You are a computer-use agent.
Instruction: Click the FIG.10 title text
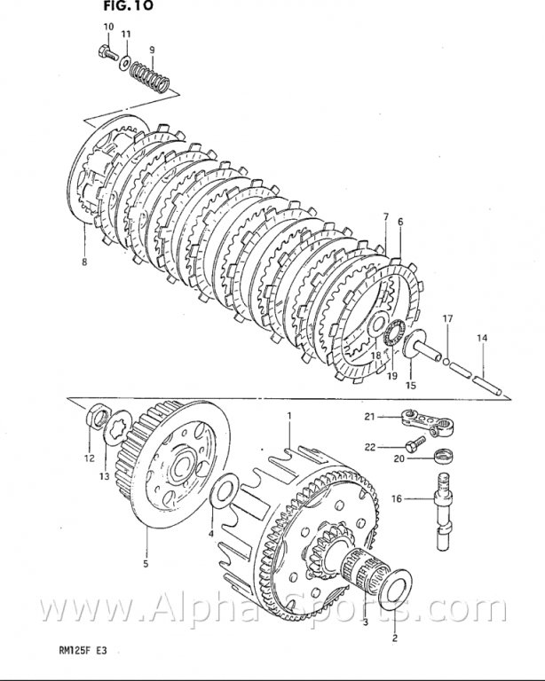point(128,5)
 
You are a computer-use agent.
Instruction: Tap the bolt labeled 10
point(106,52)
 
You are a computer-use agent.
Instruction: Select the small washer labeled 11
point(125,63)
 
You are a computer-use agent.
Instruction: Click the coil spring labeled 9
point(149,77)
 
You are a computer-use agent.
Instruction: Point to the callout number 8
point(84,262)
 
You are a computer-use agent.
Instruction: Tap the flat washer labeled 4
point(224,491)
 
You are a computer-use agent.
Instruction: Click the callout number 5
point(146,564)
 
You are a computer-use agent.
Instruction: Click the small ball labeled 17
point(446,362)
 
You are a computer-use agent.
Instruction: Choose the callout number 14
point(482,338)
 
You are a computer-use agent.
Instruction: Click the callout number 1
point(289,416)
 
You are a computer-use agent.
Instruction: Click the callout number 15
point(410,385)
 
